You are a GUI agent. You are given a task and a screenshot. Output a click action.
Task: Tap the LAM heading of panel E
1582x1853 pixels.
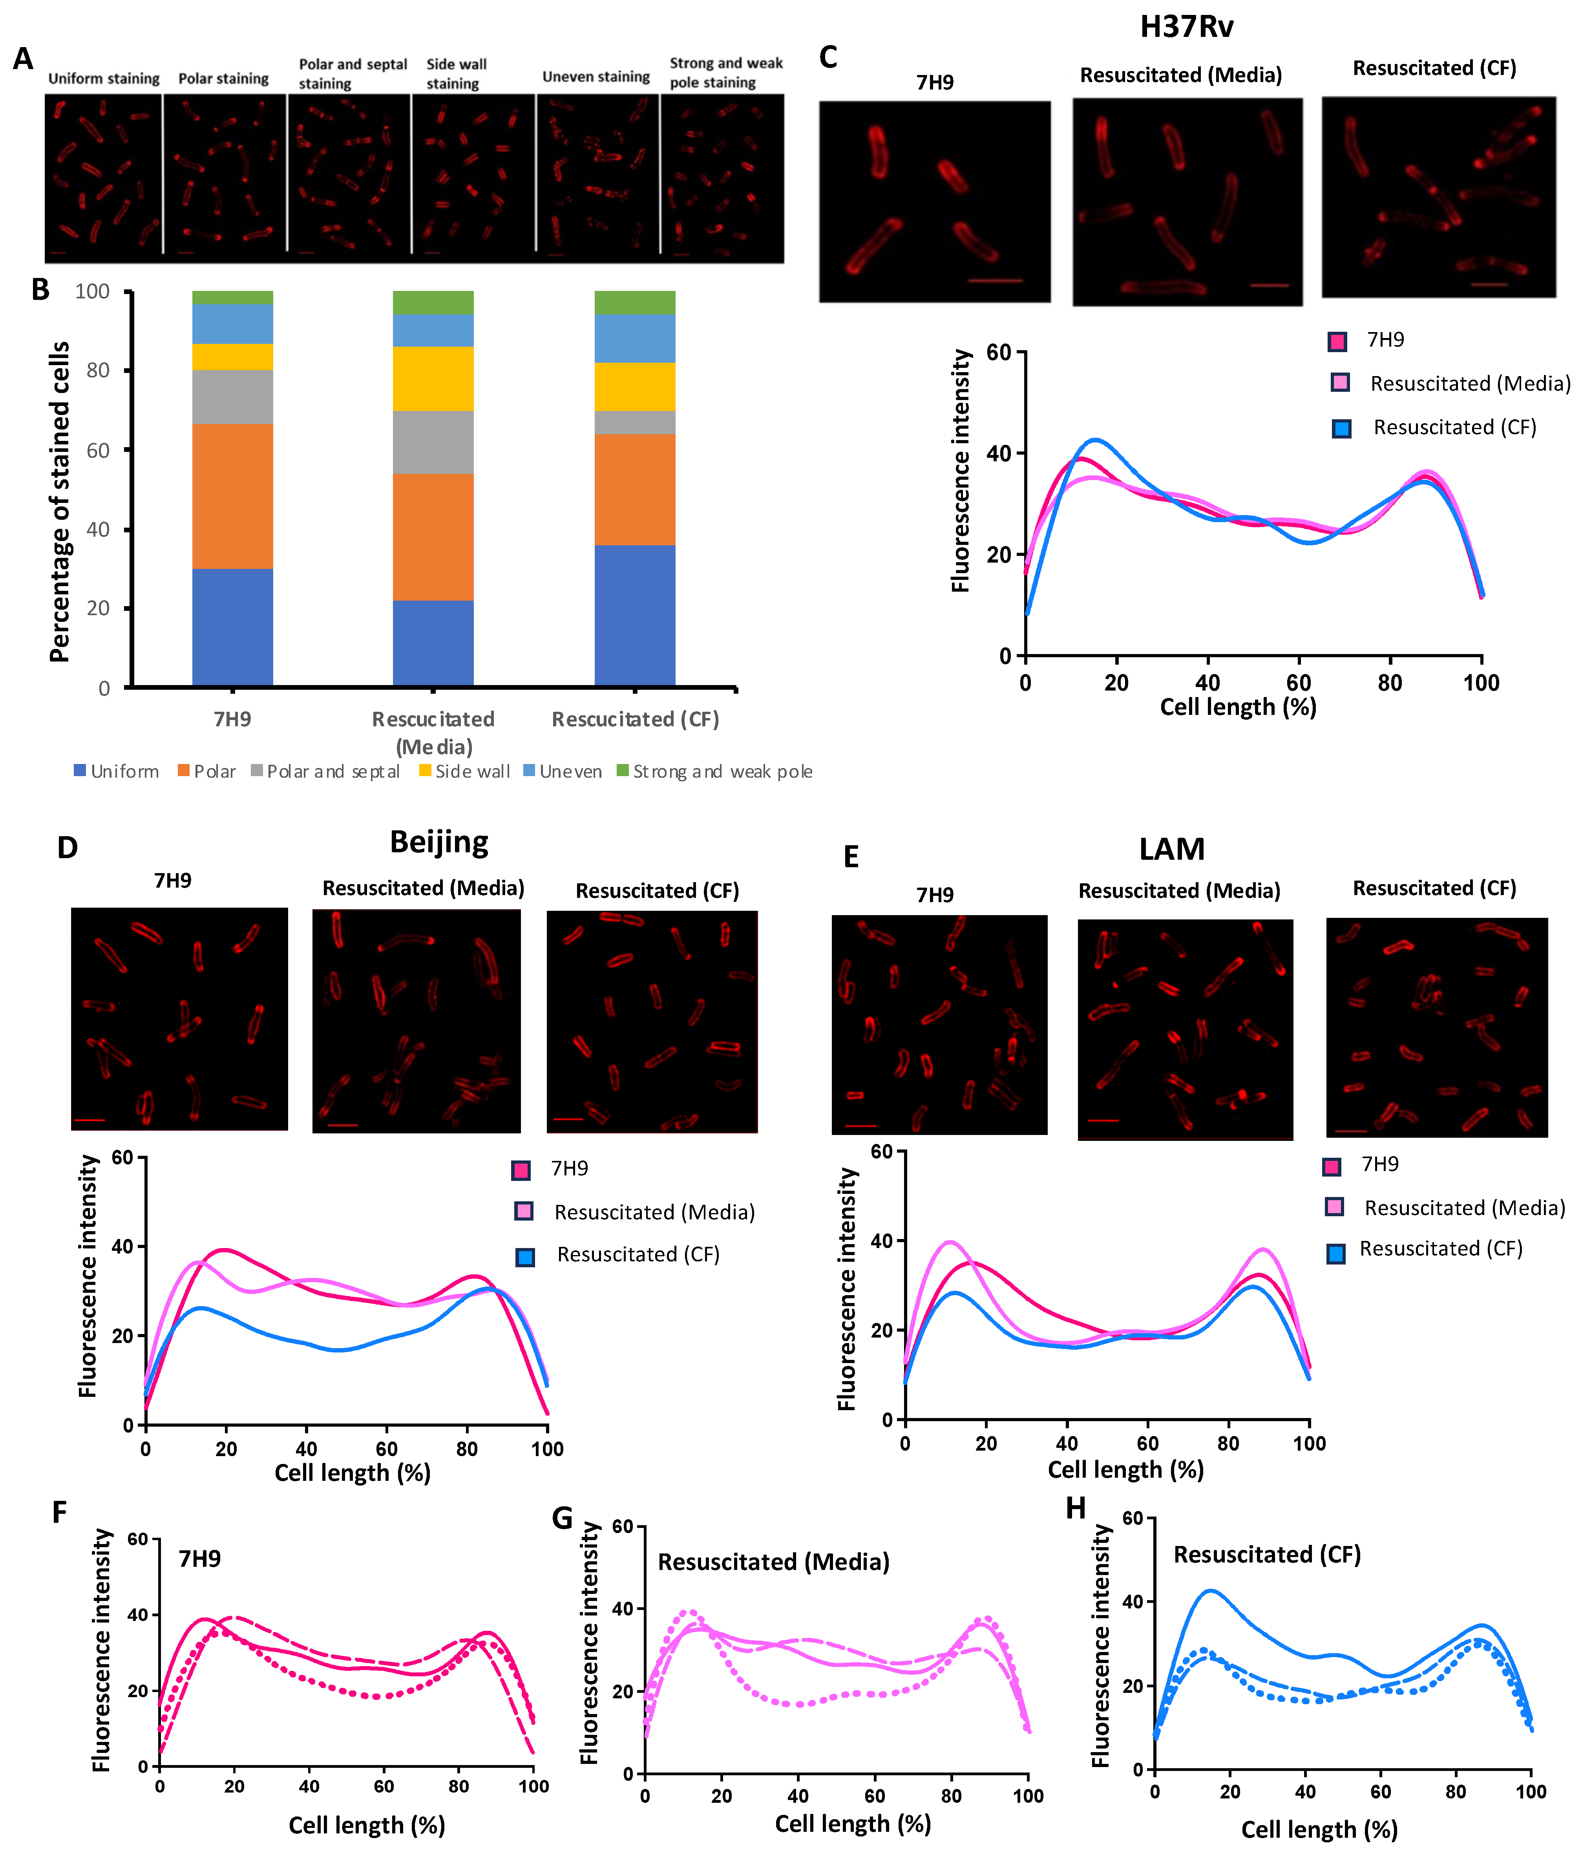[x=1171, y=849]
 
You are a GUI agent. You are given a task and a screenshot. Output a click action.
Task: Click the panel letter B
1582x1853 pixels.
[x=40, y=290]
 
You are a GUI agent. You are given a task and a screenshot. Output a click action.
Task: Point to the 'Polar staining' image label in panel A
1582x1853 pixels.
[x=224, y=79]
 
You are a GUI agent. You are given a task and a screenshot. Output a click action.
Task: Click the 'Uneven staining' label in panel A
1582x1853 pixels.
[x=596, y=77]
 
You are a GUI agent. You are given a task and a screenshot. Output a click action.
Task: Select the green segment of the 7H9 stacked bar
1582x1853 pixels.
[x=232, y=297]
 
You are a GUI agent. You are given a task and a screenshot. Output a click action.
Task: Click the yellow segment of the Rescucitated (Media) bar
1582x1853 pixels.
[x=433, y=378]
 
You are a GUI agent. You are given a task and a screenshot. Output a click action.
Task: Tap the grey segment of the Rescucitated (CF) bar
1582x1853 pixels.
[x=635, y=422]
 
